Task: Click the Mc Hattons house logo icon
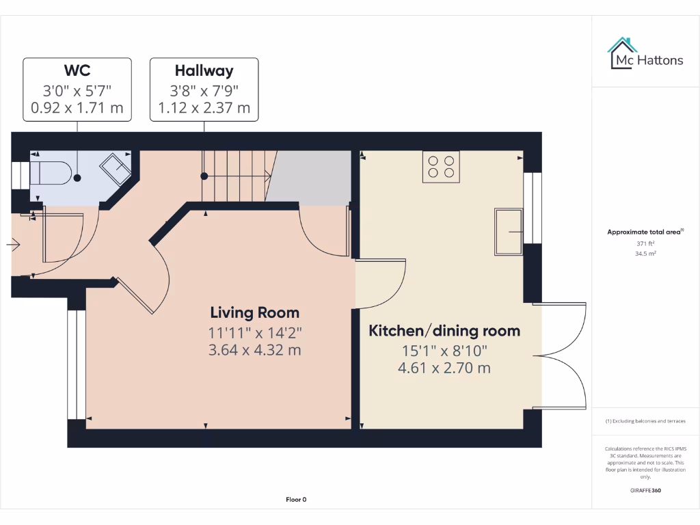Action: [622, 53]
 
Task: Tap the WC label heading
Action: [77, 70]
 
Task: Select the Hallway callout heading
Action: [204, 70]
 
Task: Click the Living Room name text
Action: [254, 313]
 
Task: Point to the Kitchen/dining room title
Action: [444, 331]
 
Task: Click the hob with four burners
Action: [441, 166]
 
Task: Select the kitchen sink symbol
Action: [509, 232]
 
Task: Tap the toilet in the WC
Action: [50, 173]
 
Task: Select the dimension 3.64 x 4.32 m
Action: [254, 350]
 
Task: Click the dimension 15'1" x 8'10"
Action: [444, 351]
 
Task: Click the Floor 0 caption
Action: [295, 500]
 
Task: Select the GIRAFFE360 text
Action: [645, 490]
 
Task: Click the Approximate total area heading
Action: [645, 232]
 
